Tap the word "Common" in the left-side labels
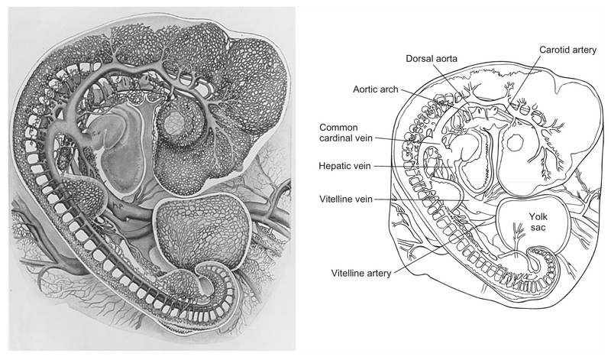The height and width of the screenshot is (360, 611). click(x=339, y=128)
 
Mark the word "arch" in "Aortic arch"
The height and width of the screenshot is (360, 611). click(x=390, y=89)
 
